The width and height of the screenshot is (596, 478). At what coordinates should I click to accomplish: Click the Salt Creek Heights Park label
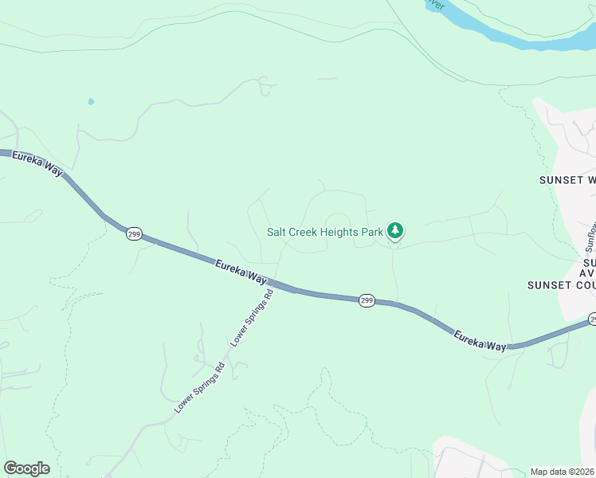(x=325, y=232)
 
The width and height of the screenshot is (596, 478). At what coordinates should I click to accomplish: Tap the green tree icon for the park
(x=395, y=231)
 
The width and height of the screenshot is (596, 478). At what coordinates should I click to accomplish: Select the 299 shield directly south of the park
(x=366, y=300)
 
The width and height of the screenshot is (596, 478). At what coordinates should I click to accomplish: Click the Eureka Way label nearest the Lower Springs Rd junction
(x=240, y=272)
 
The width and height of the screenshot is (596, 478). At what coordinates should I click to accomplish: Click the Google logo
(x=26, y=468)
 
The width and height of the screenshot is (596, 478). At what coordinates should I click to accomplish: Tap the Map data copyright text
(x=563, y=472)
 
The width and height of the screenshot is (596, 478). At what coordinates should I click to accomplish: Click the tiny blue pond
(x=91, y=102)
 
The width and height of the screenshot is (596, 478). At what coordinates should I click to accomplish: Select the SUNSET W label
(x=567, y=180)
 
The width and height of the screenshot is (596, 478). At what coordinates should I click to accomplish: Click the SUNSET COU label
(x=561, y=284)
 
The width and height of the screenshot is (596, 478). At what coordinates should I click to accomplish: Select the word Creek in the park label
(x=307, y=232)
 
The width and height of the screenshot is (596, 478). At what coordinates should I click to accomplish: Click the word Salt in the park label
(x=277, y=232)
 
